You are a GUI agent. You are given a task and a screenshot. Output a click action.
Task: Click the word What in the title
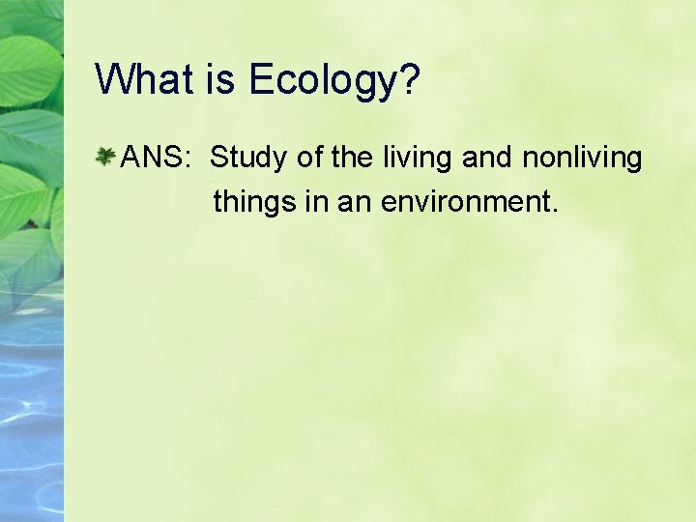tap(144, 79)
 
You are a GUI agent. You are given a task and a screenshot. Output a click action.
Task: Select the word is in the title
tap(221, 79)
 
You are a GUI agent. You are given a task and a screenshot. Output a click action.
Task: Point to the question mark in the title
tap(409, 79)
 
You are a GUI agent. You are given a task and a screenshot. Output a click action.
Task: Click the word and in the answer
tap(490, 157)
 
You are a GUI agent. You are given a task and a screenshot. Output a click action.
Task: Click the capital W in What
tap(115, 79)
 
